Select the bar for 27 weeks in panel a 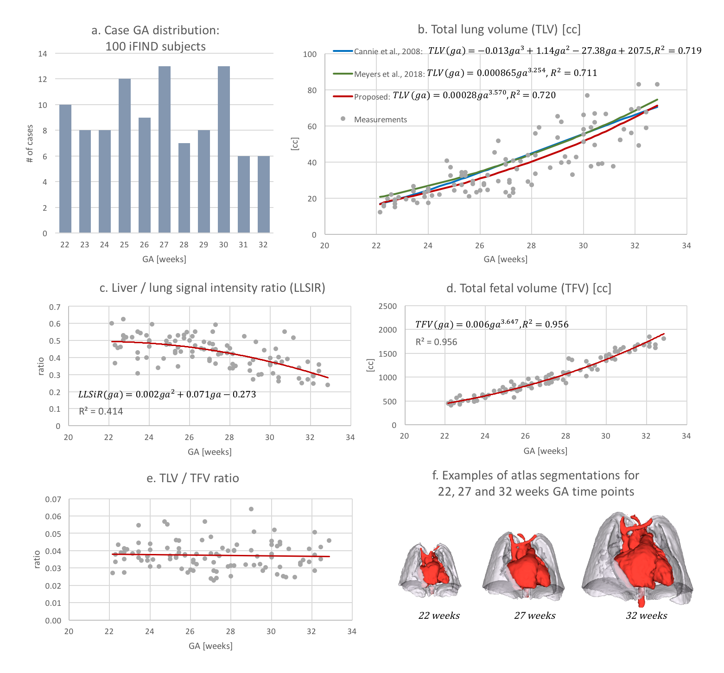point(165,149)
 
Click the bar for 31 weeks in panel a point(244,194)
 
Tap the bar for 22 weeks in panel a point(65,169)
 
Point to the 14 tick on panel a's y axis point(43,54)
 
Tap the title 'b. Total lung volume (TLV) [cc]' point(499,30)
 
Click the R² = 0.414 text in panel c point(101,411)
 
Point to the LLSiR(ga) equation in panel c point(167,395)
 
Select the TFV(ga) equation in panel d point(492,324)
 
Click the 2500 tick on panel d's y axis point(387,306)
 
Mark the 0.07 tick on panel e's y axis point(53,499)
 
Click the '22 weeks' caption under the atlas point(439,616)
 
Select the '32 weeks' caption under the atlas point(647,616)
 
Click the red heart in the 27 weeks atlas point(528,567)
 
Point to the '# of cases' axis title point(30,144)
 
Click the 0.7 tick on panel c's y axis point(55,307)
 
